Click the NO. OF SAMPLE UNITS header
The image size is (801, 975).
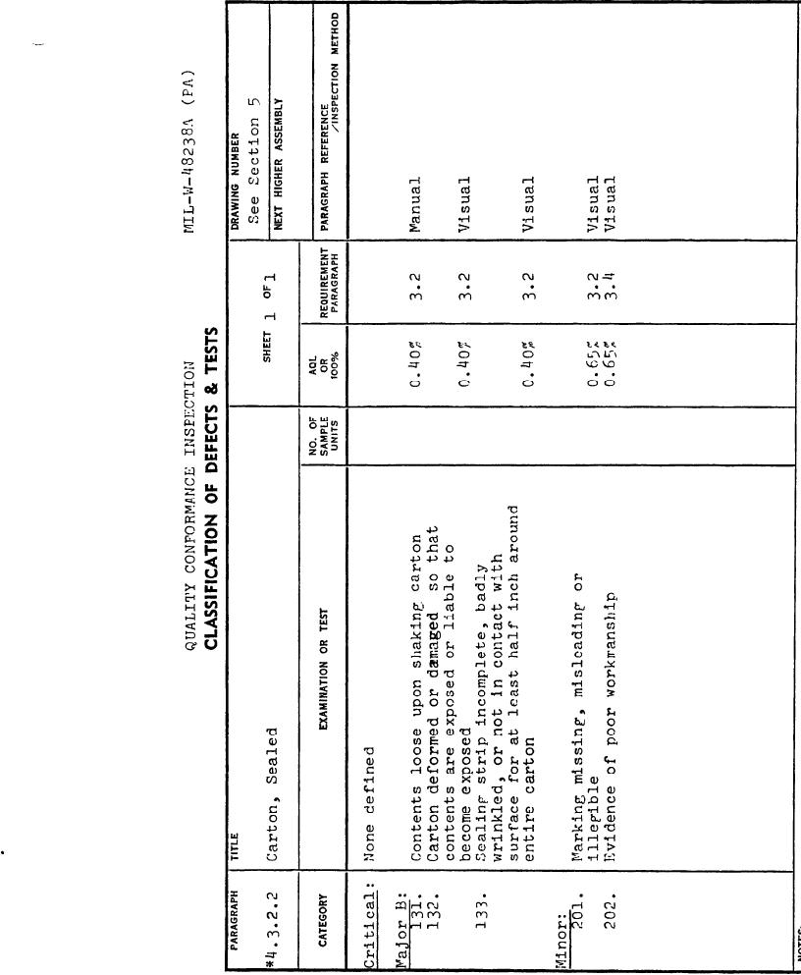pos(323,436)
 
